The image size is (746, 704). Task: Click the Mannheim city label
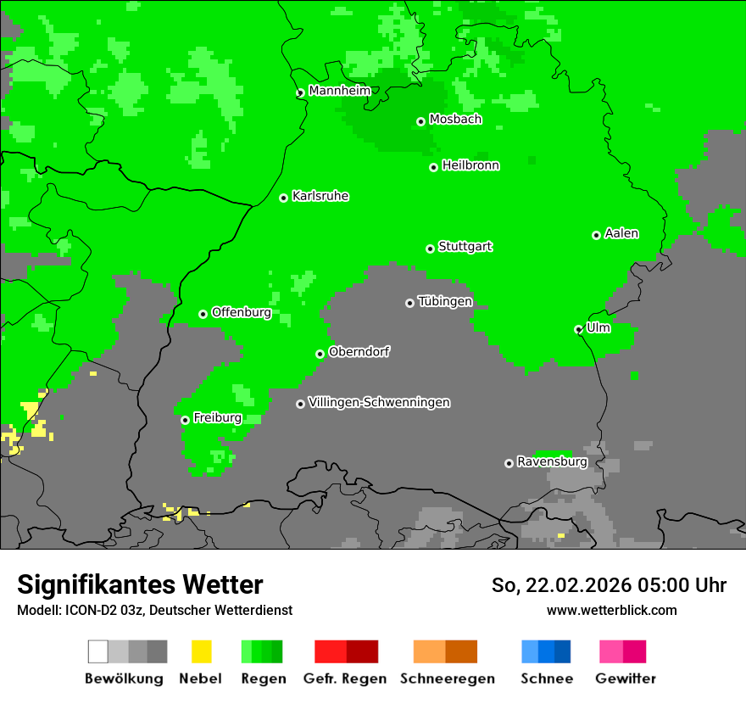tap(339, 91)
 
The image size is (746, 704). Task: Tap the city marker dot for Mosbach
tap(420, 121)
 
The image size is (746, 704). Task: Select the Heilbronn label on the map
tap(470, 165)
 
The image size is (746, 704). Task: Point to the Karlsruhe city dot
tap(284, 198)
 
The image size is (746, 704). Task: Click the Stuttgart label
tap(465, 247)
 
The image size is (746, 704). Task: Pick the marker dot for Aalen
tap(596, 235)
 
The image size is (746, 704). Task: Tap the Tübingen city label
tap(445, 301)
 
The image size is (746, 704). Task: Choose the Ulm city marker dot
tap(578, 329)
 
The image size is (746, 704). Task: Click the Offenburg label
tap(242, 312)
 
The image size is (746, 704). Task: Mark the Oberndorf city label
tap(359, 352)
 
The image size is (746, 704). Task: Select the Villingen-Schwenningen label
tap(379, 402)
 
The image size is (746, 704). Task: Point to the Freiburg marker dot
tap(185, 420)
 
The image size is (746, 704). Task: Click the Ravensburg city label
tap(552, 462)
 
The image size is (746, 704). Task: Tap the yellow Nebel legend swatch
tap(201, 651)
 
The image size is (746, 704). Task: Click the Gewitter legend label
tap(625, 679)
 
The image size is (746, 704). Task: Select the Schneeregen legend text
tap(447, 679)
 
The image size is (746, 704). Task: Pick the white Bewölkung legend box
tap(98, 651)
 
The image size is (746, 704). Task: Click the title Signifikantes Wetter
tap(140, 584)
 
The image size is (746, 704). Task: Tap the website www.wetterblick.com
tap(611, 610)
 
